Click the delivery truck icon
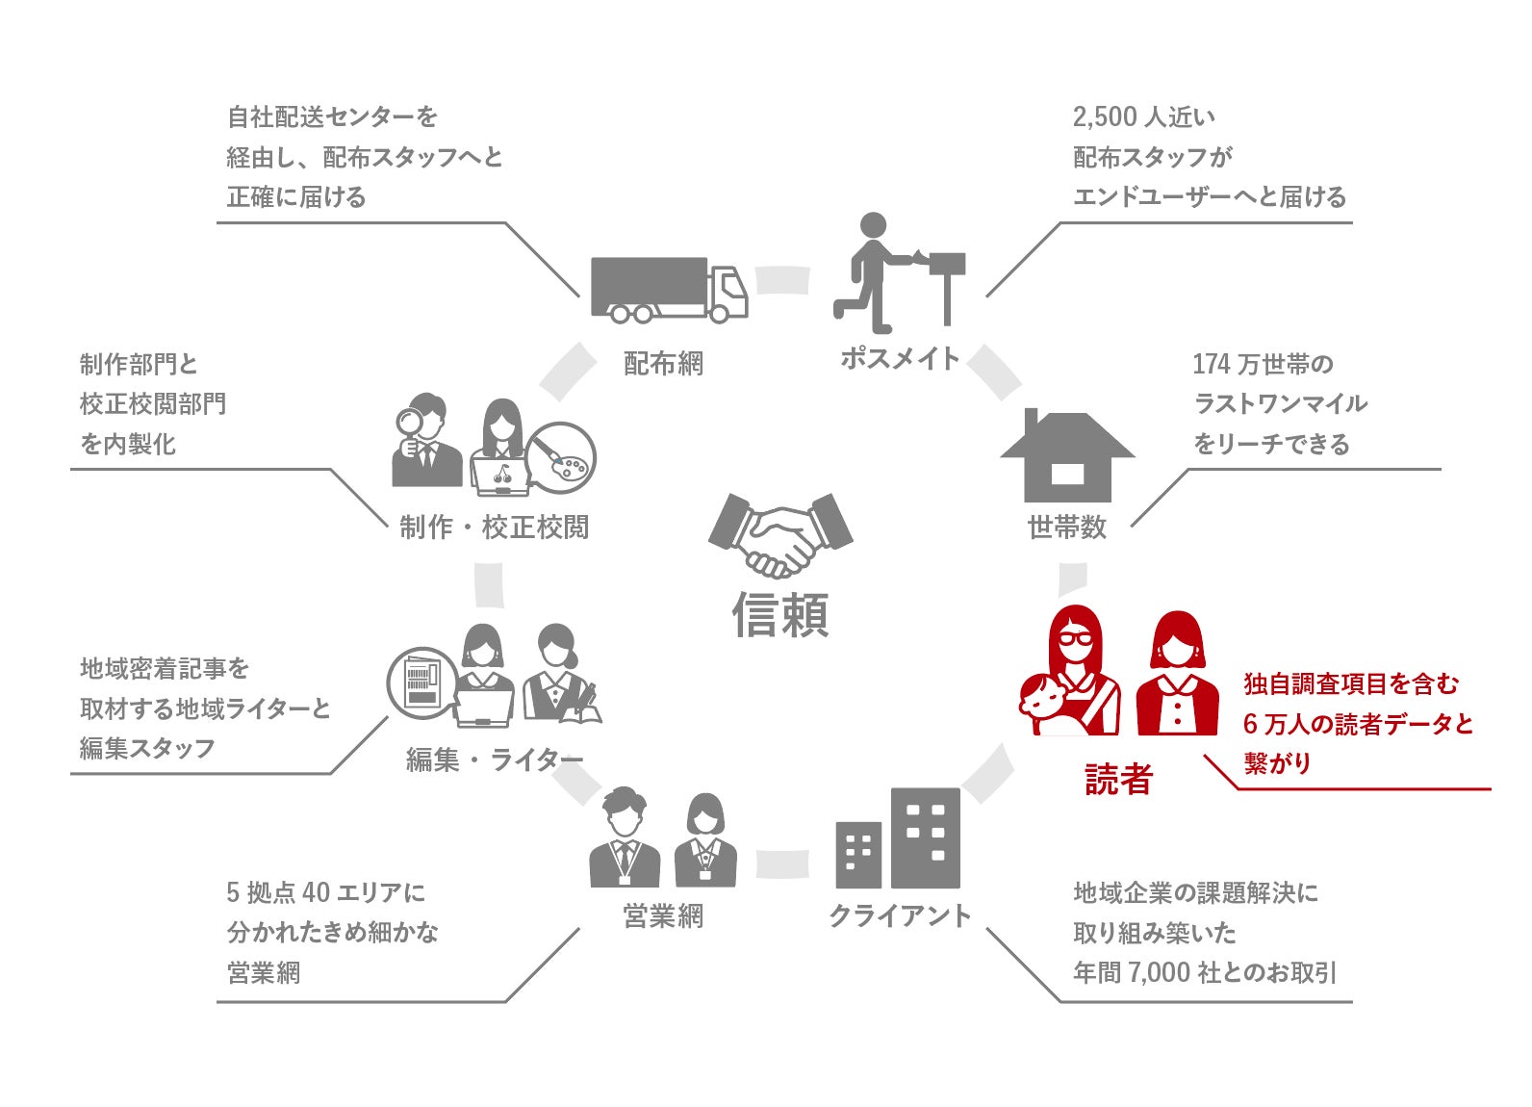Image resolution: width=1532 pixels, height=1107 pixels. [668, 289]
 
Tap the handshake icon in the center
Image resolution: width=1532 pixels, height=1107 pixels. [780, 534]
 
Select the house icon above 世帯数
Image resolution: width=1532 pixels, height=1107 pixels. [1067, 457]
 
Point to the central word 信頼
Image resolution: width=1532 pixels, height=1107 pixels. [780, 614]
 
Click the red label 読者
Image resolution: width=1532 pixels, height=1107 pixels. [1118, 779]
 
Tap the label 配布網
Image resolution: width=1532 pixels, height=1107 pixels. [663, 364]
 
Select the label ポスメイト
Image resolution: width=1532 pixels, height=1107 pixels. [900, 358]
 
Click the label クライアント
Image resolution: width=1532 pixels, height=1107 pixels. [900, 915]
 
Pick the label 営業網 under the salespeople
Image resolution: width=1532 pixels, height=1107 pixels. [663, 916]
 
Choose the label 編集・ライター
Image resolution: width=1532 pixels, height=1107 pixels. [495, 760]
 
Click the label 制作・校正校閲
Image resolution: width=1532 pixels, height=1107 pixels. [495, 527]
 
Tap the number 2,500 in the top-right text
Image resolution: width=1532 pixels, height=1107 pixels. [1105, 117]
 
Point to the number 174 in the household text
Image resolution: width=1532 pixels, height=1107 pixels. [1211, 364]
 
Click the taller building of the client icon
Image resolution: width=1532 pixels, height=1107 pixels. [925, 837]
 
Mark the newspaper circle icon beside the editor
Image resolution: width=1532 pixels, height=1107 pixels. [421, 682]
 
